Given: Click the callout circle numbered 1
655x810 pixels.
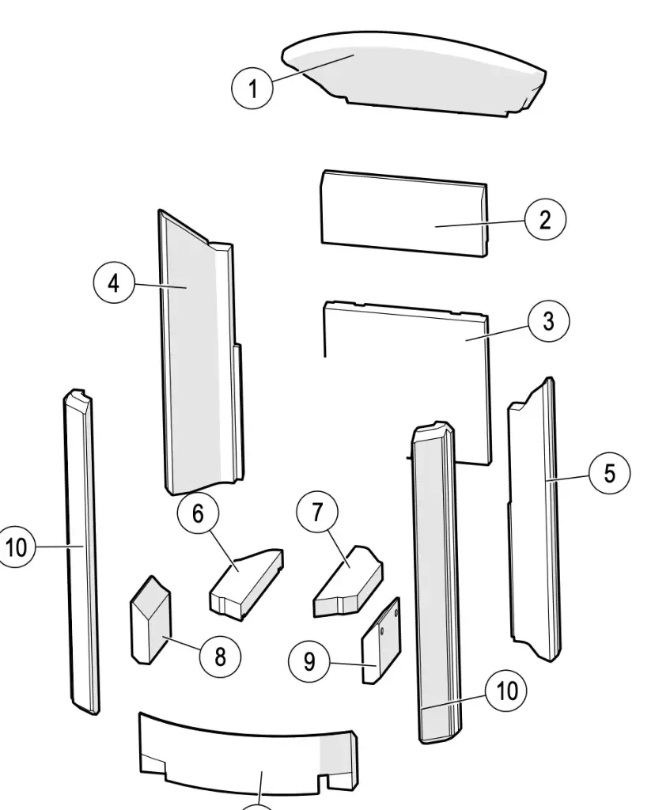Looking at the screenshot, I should [x=253, y=88].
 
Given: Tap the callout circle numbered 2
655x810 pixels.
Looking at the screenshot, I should [x=545, y=219].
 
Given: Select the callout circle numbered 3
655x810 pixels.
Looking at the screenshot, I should [x=548, y=321].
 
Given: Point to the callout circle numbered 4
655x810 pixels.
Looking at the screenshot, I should [x=114, y=283].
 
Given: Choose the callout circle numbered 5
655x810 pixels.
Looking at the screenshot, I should [x=609, y=473].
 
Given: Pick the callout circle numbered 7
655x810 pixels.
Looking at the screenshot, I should [x=317, y=513].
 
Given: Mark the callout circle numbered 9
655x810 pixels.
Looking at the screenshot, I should [x=309, y=661].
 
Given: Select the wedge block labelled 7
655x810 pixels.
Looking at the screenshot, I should [x=348, y=581].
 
